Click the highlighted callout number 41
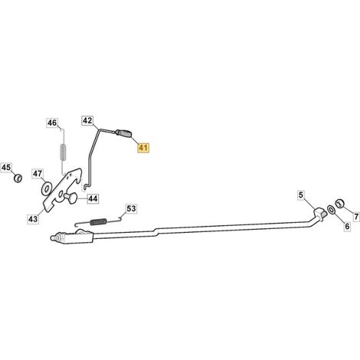(143, 148)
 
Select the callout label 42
(87, 120)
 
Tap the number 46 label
(52, 123)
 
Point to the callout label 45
(6, 168)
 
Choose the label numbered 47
(38, 174)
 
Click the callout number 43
(33, 219)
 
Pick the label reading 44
(93, 198)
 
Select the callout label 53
(132, 208)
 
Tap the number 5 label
(301, 195)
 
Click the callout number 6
(347, 226)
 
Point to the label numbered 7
(356, 217)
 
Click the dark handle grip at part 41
(123, 133)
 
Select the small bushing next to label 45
(18, 178)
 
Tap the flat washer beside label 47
(46, 188)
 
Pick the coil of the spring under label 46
(63, 152)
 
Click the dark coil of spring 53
(98, 222)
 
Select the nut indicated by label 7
(339, 204)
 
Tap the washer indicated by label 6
(331, 210)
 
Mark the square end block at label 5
(320, 212)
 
